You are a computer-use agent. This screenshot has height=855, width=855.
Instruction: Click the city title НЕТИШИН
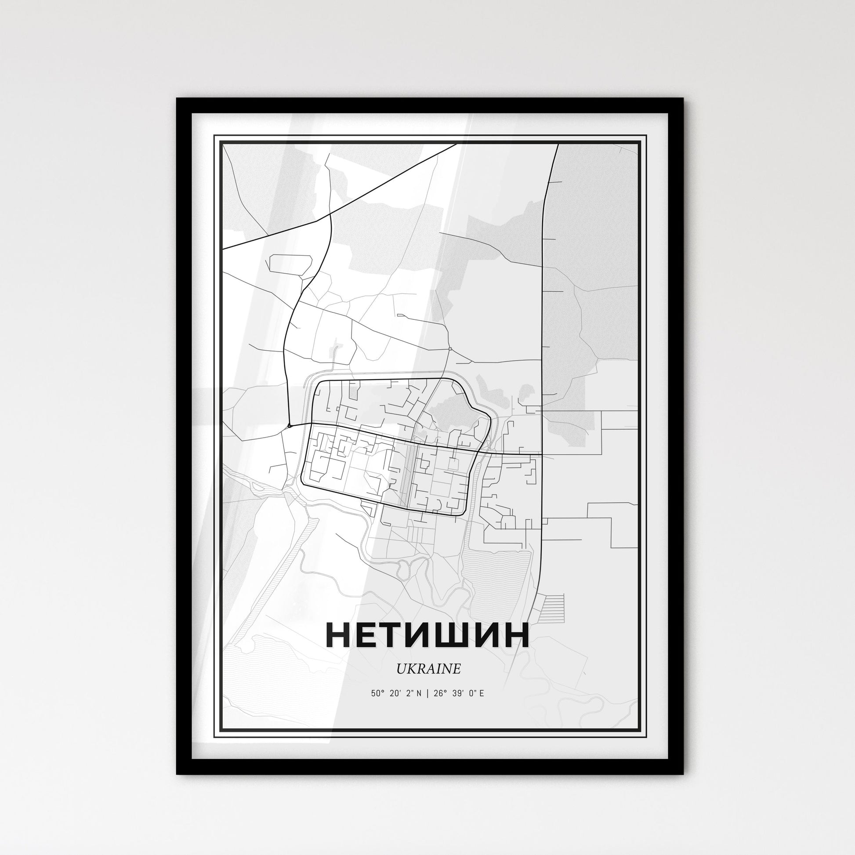(427, 635)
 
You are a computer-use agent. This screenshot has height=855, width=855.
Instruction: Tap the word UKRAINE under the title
(428, 669)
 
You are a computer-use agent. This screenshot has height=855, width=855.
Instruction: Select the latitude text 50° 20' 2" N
(396, 693)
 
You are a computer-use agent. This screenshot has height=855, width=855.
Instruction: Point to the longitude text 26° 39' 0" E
(462, 693)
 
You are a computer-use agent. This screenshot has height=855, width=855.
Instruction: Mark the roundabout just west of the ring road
(289, 426)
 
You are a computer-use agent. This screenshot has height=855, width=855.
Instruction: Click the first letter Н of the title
(341, 635)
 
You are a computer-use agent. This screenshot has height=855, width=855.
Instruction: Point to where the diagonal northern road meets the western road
(330, 215)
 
